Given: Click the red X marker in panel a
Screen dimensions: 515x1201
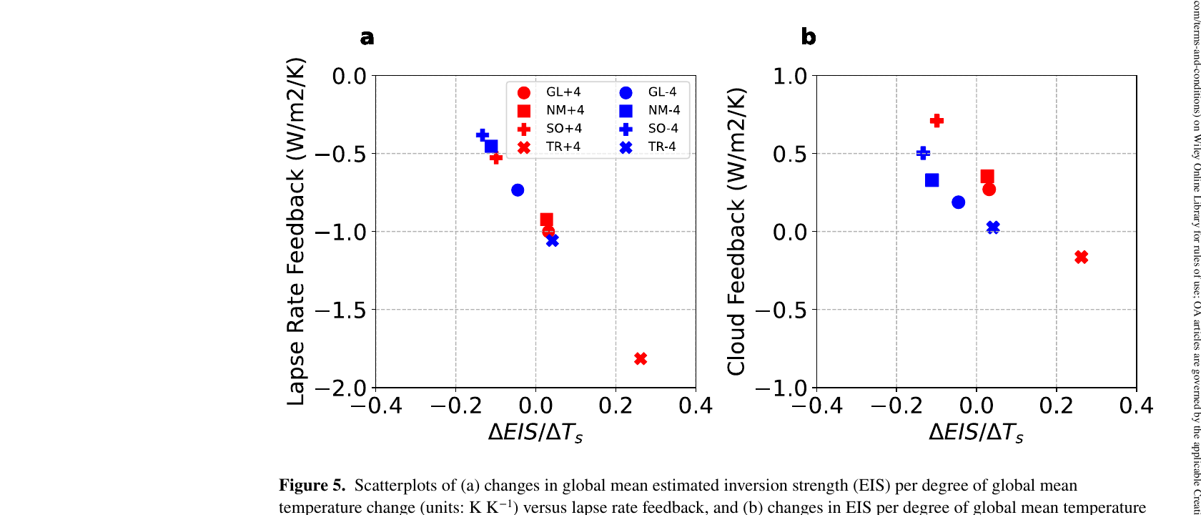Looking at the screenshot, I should click(x=641, y=358).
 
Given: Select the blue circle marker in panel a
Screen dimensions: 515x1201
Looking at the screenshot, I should click(x=518, y=190).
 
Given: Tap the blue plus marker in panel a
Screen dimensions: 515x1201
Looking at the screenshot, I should click(x=483, y=134).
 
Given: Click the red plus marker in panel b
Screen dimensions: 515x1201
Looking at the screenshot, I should click(x=936, y=121).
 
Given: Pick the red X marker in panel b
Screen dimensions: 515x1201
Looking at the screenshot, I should click(x=1081, y=257).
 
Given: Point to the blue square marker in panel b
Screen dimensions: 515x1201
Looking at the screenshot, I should click(x=931, y=180).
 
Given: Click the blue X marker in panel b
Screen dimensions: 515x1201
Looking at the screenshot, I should click(x=992, y=227).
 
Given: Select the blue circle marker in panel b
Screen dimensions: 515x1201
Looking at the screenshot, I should click(x=958, y=202).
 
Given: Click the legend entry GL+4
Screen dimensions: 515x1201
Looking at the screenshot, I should click(x=563, y=92).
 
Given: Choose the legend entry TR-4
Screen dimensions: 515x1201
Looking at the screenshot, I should click(x=662, y=147).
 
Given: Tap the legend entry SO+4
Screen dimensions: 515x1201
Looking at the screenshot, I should click(x=563, y=129).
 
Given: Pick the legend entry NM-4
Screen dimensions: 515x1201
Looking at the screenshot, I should click(x=663, y=110).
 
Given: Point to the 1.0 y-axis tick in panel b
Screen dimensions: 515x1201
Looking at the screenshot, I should click(x=789, y=76).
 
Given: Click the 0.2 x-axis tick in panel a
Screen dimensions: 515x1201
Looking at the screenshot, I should click(x=616, y=406).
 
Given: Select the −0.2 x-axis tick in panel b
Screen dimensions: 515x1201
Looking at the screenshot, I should click(x=896, y=406).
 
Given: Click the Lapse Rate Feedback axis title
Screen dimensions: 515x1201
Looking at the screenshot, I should click(x=296, y=231).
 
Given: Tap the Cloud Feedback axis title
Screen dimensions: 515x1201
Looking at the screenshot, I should click(x=736, y=231).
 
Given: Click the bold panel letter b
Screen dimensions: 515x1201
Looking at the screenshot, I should click(x=809, y=37).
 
